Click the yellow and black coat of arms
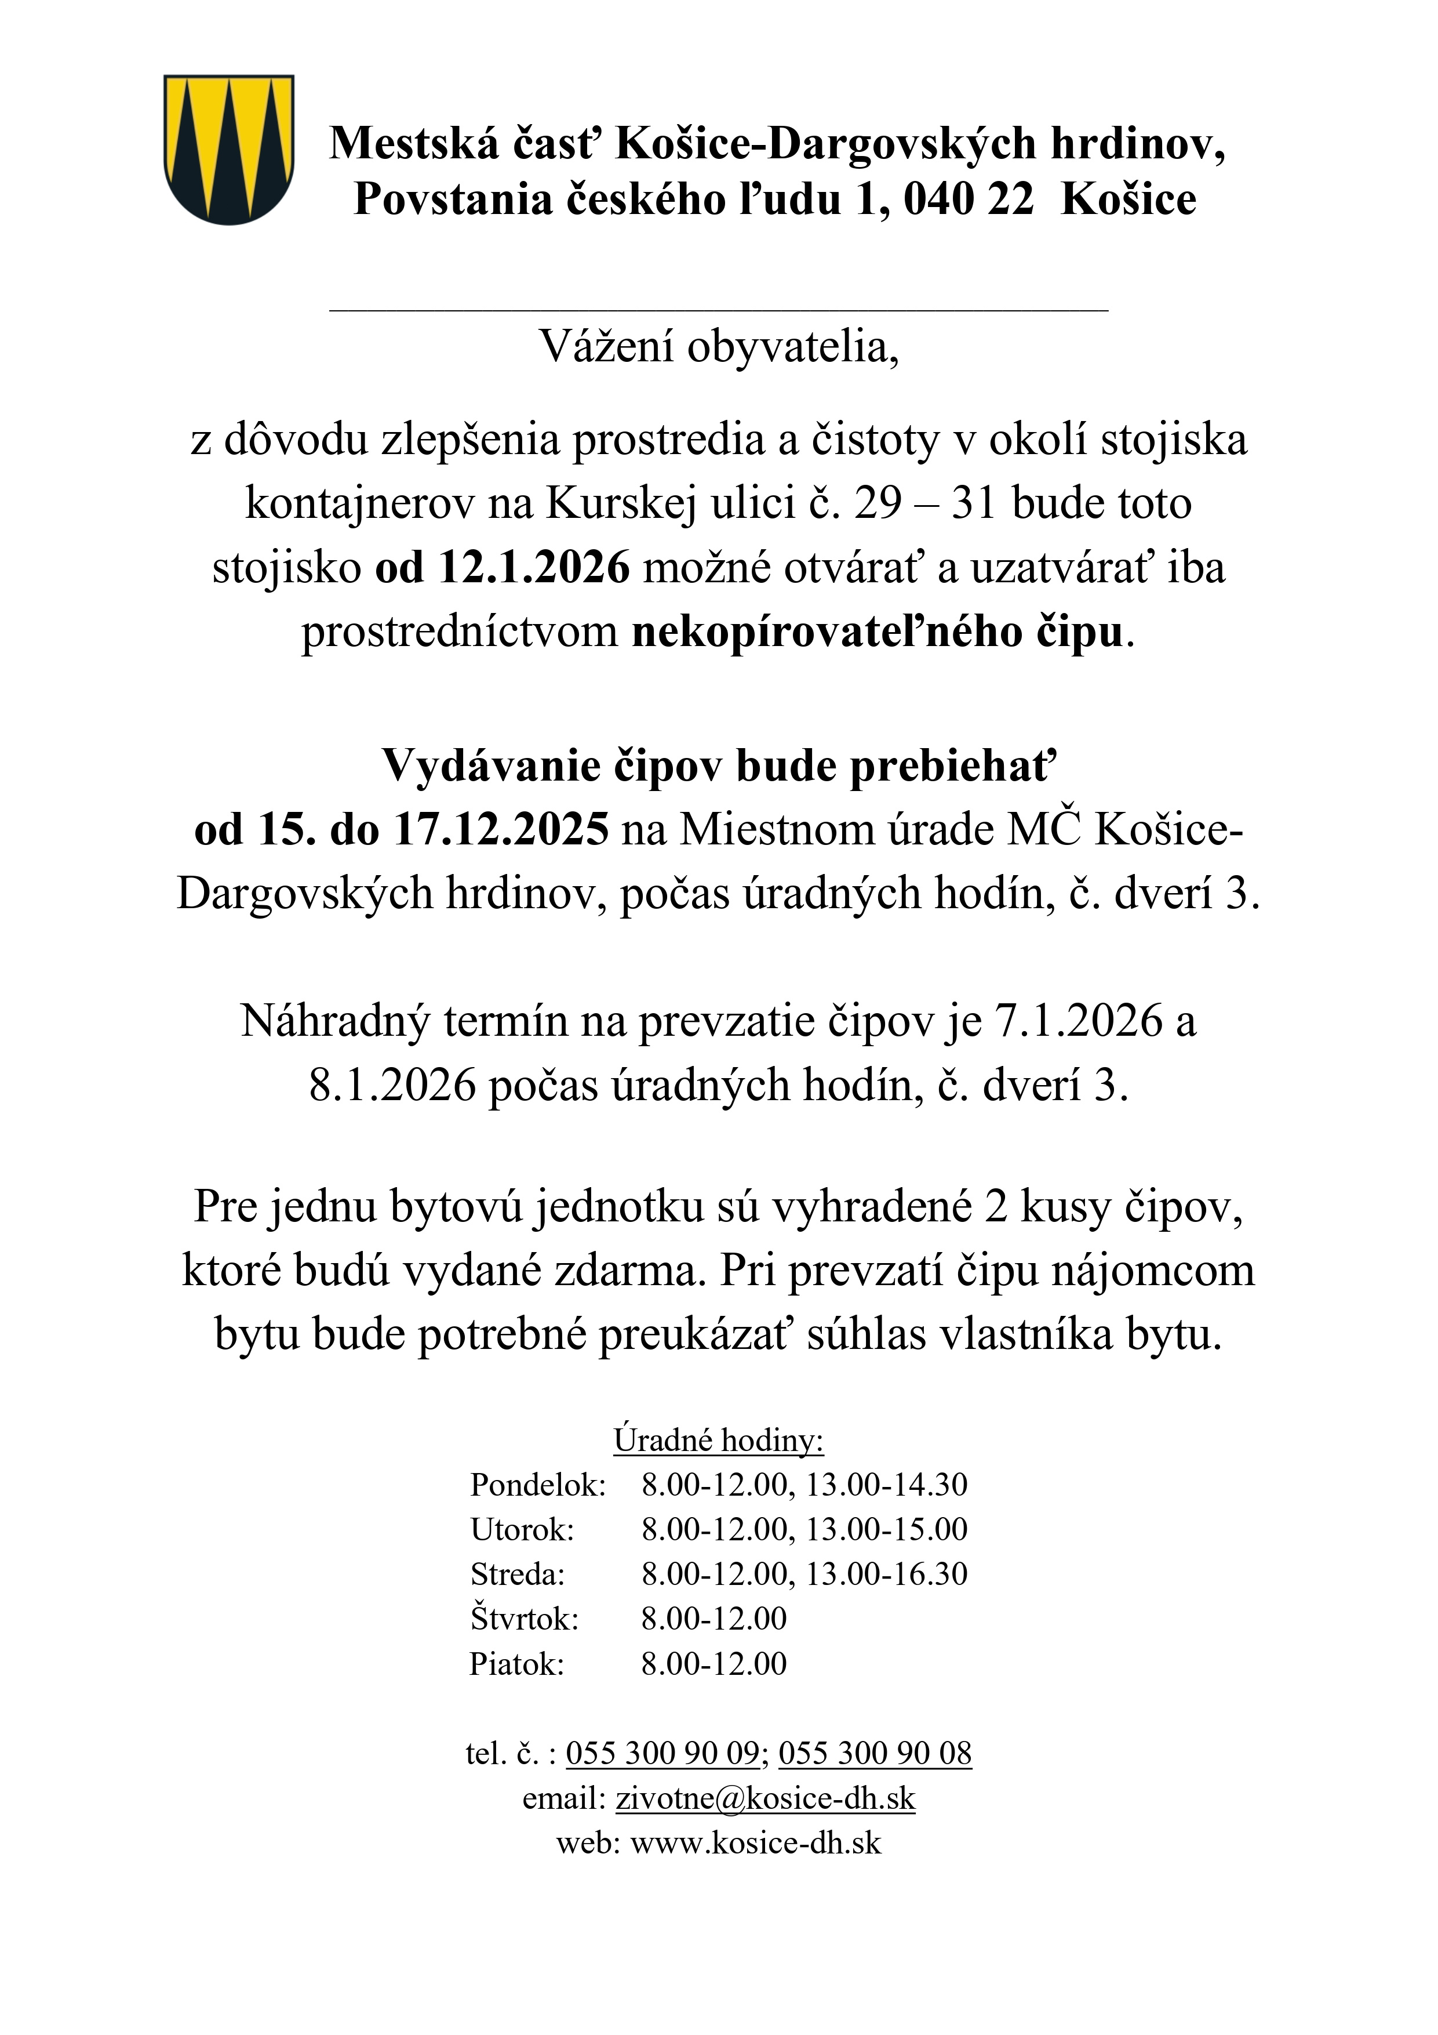pyautogui.click(x=228, y=149)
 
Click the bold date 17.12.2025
pyautogui.click(x=501, y=829)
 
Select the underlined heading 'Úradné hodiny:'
pyautogui.click(x=719, y=1441)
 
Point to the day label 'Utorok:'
pyautogui.click(x=522, y=1529)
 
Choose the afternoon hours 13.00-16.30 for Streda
pyautogui.click(x=886, y=1573)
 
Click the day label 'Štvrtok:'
pyautogui.click(x=525, y=1619)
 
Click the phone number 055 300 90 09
pyautogui.click(x=662, y=1753)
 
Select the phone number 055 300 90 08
pyautogui.click(x=875, y=1753)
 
